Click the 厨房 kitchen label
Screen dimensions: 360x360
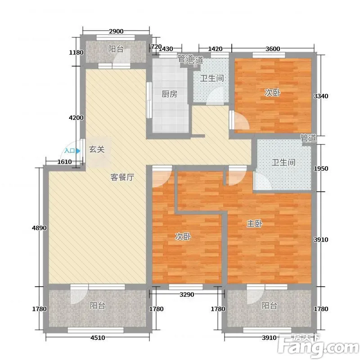pyautogui.click(x=170, y=94)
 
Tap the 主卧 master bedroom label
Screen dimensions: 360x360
pyautogui.click(x=255, y=223)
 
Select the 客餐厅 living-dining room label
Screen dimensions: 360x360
pyautogui.click(x=122, y=177)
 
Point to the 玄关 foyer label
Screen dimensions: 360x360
pyautogui.click(x=97, y=149)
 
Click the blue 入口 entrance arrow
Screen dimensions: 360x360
pyautogui.click(x=78, y=151)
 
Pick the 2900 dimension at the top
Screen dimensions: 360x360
pyautogui.click(x=116, y=31)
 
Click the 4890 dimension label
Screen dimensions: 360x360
pyautogui.click(x=40, y=228)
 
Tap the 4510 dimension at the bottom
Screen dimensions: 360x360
pyautogui.click(x=98, y=338)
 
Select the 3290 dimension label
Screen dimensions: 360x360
pyautogui.click(x=187, y=294)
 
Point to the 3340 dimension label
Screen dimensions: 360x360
pyautogui.click(x=321, y=96)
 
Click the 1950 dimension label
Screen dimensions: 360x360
pyautogui.click(x=321, y=168)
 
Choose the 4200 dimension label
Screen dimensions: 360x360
pyautogui.click(x=76, y=118)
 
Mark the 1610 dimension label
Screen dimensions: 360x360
pyautogui.click(x=64, y=162)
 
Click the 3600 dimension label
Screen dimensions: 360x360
pyautogui.click(x=273, y=49)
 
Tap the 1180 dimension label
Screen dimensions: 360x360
pyautogui.click(x=76, y=53)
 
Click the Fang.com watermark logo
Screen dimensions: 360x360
pyautogui.click(x=318, y=346)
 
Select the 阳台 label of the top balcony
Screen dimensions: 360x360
pyautogui.click(x=116, y=49)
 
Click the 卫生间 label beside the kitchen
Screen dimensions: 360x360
pyautogui.click(x=212, y=78)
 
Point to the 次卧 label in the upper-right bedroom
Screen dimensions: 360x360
pyautogui.click(x=273, y=93)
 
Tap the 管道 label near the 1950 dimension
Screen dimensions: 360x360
pyautogui.click(x=308, y=138)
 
